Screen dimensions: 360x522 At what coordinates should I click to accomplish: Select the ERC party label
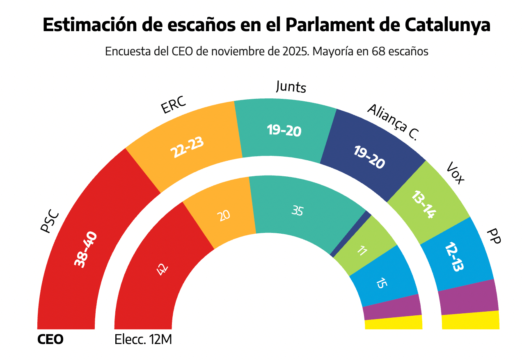click(174, 105)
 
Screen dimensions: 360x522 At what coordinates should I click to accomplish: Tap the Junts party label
click(291, 87)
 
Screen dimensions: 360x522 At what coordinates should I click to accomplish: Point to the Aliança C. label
click(392, 122)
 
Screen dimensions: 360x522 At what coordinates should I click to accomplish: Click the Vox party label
click(455, 173)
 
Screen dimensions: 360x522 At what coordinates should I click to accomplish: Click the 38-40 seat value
click(86, 250)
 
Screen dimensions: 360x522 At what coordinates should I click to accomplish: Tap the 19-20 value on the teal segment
click(284, 131)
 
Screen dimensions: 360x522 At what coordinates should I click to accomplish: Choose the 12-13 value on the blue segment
click(454, 257)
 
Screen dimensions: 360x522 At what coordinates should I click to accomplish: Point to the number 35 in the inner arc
click(298, 211)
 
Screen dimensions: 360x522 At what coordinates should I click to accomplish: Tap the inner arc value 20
click(224, 215)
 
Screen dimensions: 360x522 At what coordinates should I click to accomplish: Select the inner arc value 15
click(381, 283)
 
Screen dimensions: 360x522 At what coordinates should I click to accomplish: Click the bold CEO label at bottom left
click(50, 340)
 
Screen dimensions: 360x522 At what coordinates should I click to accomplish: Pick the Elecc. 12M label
click(143, 340)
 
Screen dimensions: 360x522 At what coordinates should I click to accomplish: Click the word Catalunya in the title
click(447, 25)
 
